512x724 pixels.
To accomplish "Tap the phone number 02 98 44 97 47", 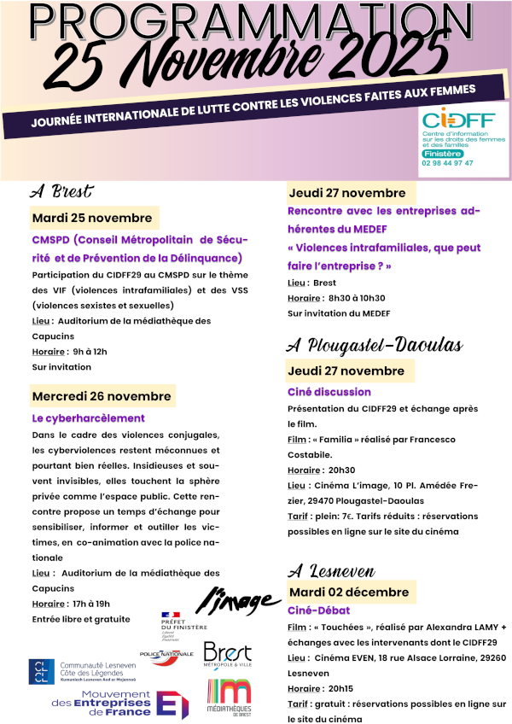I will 447,162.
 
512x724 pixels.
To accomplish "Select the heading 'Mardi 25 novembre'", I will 92,218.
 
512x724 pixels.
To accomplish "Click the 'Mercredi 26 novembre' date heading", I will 102,396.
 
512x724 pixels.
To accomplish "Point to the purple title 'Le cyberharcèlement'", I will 89,418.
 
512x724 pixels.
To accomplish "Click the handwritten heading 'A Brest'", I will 61,190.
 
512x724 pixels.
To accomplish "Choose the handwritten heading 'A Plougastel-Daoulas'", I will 375,345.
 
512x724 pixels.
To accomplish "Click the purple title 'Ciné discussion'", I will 329,392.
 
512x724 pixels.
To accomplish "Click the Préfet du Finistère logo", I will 180,626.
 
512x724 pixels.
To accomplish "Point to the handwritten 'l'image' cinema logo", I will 239,600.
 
